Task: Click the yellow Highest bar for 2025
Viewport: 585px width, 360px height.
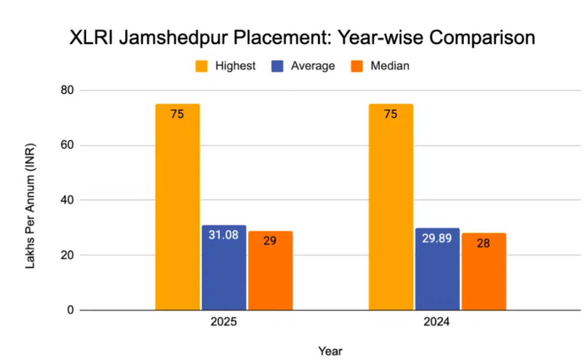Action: tap(177, 207)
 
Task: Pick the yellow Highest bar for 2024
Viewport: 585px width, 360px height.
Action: tap(391, 207)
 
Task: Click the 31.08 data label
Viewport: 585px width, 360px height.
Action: tap(224, 235)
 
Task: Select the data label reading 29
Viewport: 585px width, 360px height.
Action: tap(270, 241)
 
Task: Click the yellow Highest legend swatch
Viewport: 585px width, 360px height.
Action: tap(202, 66)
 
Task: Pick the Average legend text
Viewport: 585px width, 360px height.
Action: tap(312, 66)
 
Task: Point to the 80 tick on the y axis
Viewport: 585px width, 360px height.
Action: tap(67, 91)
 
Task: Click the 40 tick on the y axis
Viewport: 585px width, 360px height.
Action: tap(67, 200)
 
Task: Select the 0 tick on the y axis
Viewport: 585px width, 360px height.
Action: tap(70, 310)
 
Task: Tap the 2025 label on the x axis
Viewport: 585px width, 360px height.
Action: tap(224, 323)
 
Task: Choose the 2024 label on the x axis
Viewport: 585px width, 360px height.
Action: tap(437, 323)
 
